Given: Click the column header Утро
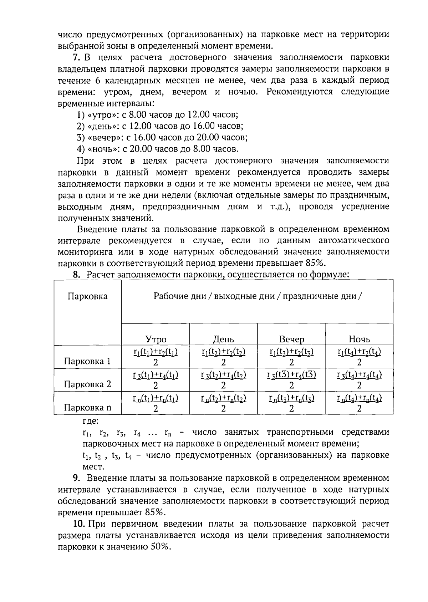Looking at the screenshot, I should click(156, 339).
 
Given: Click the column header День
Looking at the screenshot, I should click(223, 339).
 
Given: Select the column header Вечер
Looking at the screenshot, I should click(291, 339).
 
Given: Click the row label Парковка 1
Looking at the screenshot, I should click(87, 362).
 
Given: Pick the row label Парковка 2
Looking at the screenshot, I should click(87, 384).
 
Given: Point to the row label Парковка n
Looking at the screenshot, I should click(87, 408).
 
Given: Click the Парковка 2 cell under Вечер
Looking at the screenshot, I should click(291, 380).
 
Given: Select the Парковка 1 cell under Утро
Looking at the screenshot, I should click(156, 357).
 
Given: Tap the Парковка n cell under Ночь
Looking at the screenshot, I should click(359, 403).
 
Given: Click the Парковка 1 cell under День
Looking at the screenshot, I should click(223, 357).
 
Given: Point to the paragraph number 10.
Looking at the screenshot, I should click(78, 524).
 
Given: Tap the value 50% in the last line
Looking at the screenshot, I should click(160, 547).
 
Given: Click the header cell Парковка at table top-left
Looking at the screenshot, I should click(87, 297).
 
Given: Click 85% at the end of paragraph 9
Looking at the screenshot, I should click(155, 512).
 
